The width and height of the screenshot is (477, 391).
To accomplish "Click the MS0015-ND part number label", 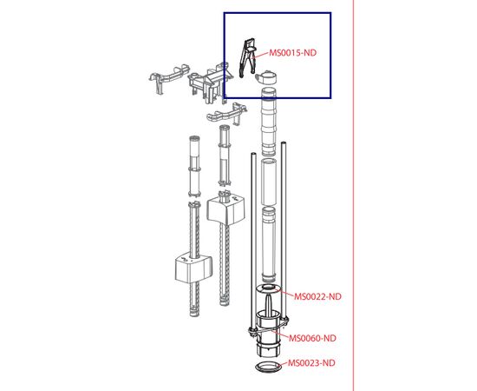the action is coord(292,53).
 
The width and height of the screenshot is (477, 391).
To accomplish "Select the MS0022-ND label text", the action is coord(317,296).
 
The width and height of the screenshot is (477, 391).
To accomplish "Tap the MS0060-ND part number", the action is coord(312,338).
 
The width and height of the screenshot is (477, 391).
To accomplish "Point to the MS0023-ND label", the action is coord(311,363).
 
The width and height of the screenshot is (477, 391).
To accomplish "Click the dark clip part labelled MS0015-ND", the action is coord(245,58).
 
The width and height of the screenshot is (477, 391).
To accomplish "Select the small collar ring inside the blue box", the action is coord(265,76).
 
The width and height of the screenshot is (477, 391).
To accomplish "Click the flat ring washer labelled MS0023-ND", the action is coord(266,366).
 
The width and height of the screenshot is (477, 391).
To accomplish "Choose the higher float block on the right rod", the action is coord(225,210).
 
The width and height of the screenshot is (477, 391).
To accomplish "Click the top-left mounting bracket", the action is coord(169,77).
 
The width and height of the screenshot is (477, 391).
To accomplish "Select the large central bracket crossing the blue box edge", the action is coord(208,83).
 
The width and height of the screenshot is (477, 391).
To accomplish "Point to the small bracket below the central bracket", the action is coord(226,114).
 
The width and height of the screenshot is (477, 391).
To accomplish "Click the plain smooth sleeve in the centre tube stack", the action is coord(268,182).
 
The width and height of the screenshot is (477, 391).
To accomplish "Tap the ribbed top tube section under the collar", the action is coord(268,122).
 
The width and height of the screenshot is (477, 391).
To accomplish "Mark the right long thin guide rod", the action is coord(284,232).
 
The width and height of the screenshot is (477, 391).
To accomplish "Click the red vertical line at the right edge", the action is coord(353,195).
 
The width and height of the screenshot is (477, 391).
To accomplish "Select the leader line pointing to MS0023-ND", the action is coord(283,364).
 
